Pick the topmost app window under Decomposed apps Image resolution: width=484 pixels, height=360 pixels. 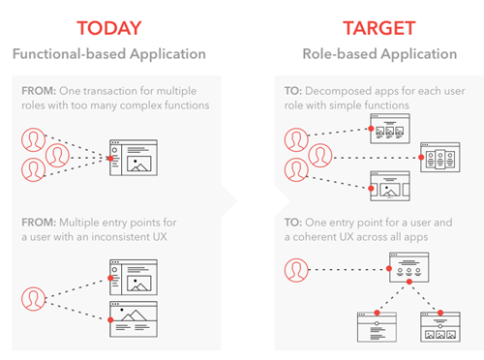[392, 129]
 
